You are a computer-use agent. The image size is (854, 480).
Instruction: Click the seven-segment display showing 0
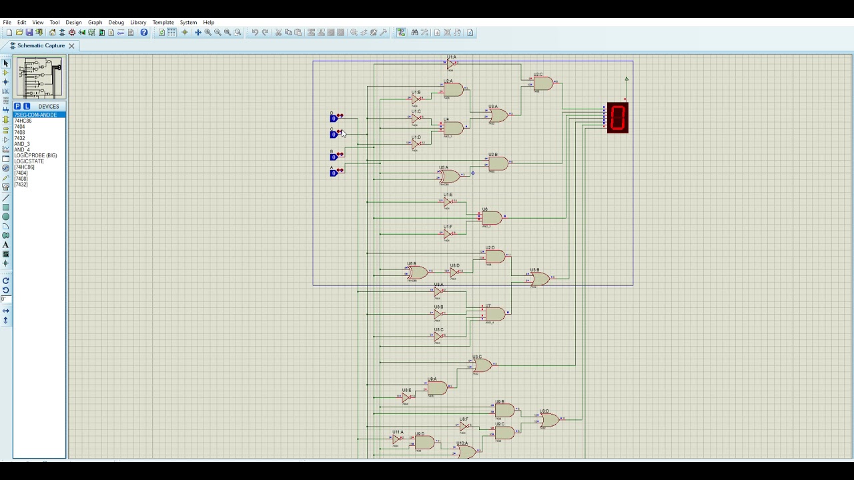617,118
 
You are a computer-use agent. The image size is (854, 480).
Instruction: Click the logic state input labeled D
334,118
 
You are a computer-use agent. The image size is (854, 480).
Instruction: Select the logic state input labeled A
334,173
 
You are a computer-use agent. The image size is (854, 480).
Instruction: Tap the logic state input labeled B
334,157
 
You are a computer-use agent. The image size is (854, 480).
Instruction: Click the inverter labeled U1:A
451,65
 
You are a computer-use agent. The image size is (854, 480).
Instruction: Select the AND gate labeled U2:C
543,83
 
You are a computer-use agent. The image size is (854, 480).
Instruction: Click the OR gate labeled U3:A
498,116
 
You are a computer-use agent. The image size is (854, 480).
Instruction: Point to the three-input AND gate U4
452,128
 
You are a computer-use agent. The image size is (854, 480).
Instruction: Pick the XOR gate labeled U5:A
449,176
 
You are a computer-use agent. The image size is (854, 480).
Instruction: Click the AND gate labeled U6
492,218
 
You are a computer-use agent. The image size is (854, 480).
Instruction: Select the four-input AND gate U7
494,313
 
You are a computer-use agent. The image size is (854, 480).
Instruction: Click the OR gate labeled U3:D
548,420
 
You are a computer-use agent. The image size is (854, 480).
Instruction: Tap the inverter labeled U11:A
398,439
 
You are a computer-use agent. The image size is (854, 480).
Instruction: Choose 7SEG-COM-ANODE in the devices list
36,115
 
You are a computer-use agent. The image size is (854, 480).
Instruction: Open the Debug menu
116,23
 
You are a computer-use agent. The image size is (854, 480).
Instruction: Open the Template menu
163,23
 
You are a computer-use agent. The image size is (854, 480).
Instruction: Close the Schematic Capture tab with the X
71,46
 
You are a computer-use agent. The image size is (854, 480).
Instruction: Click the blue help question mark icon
144,33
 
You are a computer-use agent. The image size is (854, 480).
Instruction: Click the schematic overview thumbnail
40,78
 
